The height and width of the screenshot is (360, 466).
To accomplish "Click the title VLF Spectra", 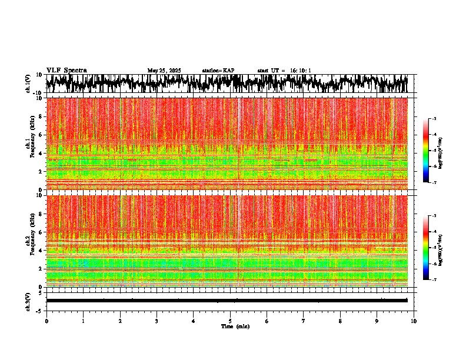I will click(66, 70).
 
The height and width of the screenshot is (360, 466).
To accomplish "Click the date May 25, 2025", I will click(164, 71).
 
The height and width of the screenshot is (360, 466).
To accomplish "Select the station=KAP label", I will click(218, 71).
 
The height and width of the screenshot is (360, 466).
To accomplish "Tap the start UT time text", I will click(284, 71).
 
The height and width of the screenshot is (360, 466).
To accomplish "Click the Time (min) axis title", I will click(235, 326).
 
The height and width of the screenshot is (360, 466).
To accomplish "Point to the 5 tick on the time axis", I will click(230, 321).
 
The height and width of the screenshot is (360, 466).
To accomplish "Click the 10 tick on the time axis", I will click(414, 321).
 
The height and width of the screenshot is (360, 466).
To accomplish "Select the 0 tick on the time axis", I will click(46, 321).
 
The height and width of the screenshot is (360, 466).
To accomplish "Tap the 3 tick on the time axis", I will click(157, 321).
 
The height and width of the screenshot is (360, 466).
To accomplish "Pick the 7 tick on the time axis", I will click(304, 321).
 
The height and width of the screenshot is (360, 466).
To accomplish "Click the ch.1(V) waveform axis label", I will click(28, 84).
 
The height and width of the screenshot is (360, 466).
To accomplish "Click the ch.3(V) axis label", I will click(28, 301).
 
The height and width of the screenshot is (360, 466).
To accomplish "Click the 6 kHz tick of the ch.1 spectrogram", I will click(40, 135).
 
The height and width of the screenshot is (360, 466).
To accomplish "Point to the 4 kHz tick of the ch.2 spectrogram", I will click(40, 250).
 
